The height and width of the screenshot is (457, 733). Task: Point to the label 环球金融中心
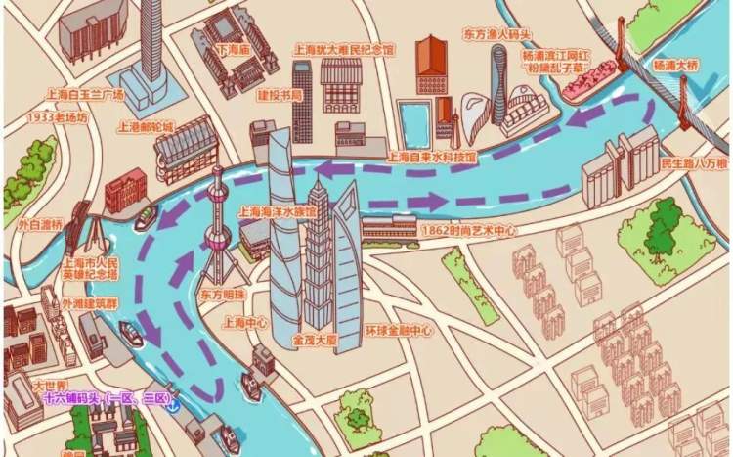click(396, 331)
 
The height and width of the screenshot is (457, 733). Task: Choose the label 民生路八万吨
click(694, 162)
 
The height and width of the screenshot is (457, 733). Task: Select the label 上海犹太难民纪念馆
click(344, 48)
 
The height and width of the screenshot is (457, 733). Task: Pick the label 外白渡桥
click(40, 223)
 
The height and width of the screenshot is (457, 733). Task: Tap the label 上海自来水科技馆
click(432, 157)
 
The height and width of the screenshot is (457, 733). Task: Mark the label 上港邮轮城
click(145, 126)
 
